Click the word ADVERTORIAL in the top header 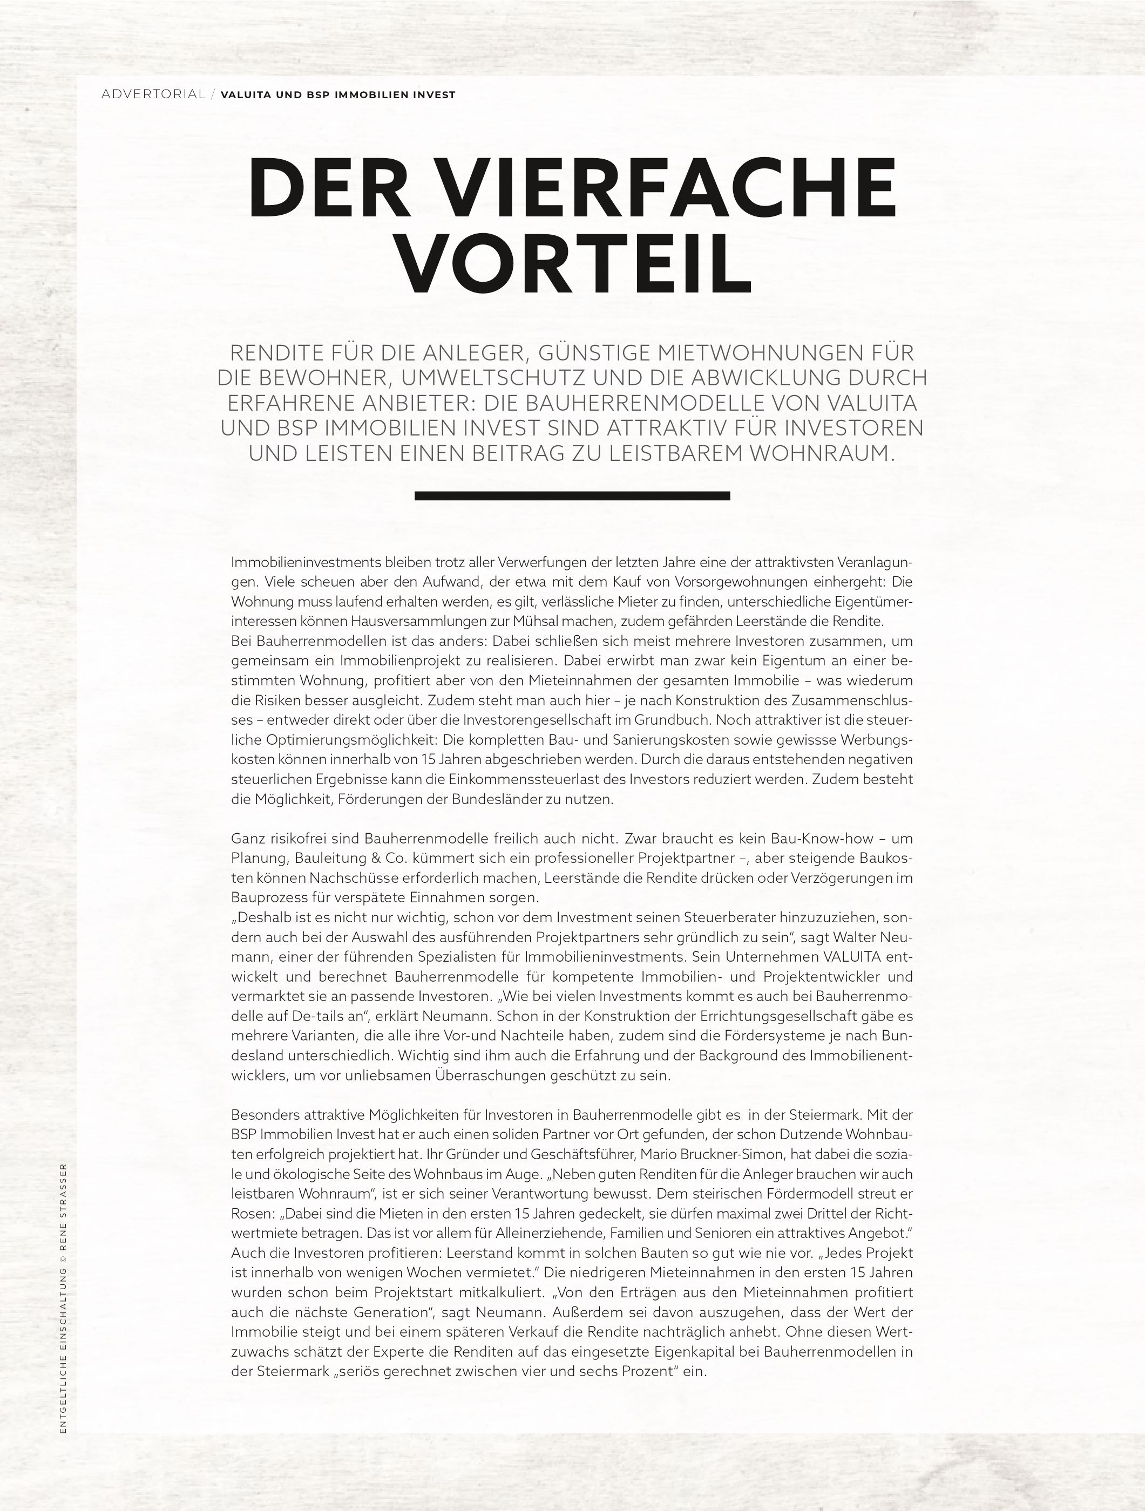pos(153,94)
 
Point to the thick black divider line pos(572,496)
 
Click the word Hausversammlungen pos(418,622)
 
